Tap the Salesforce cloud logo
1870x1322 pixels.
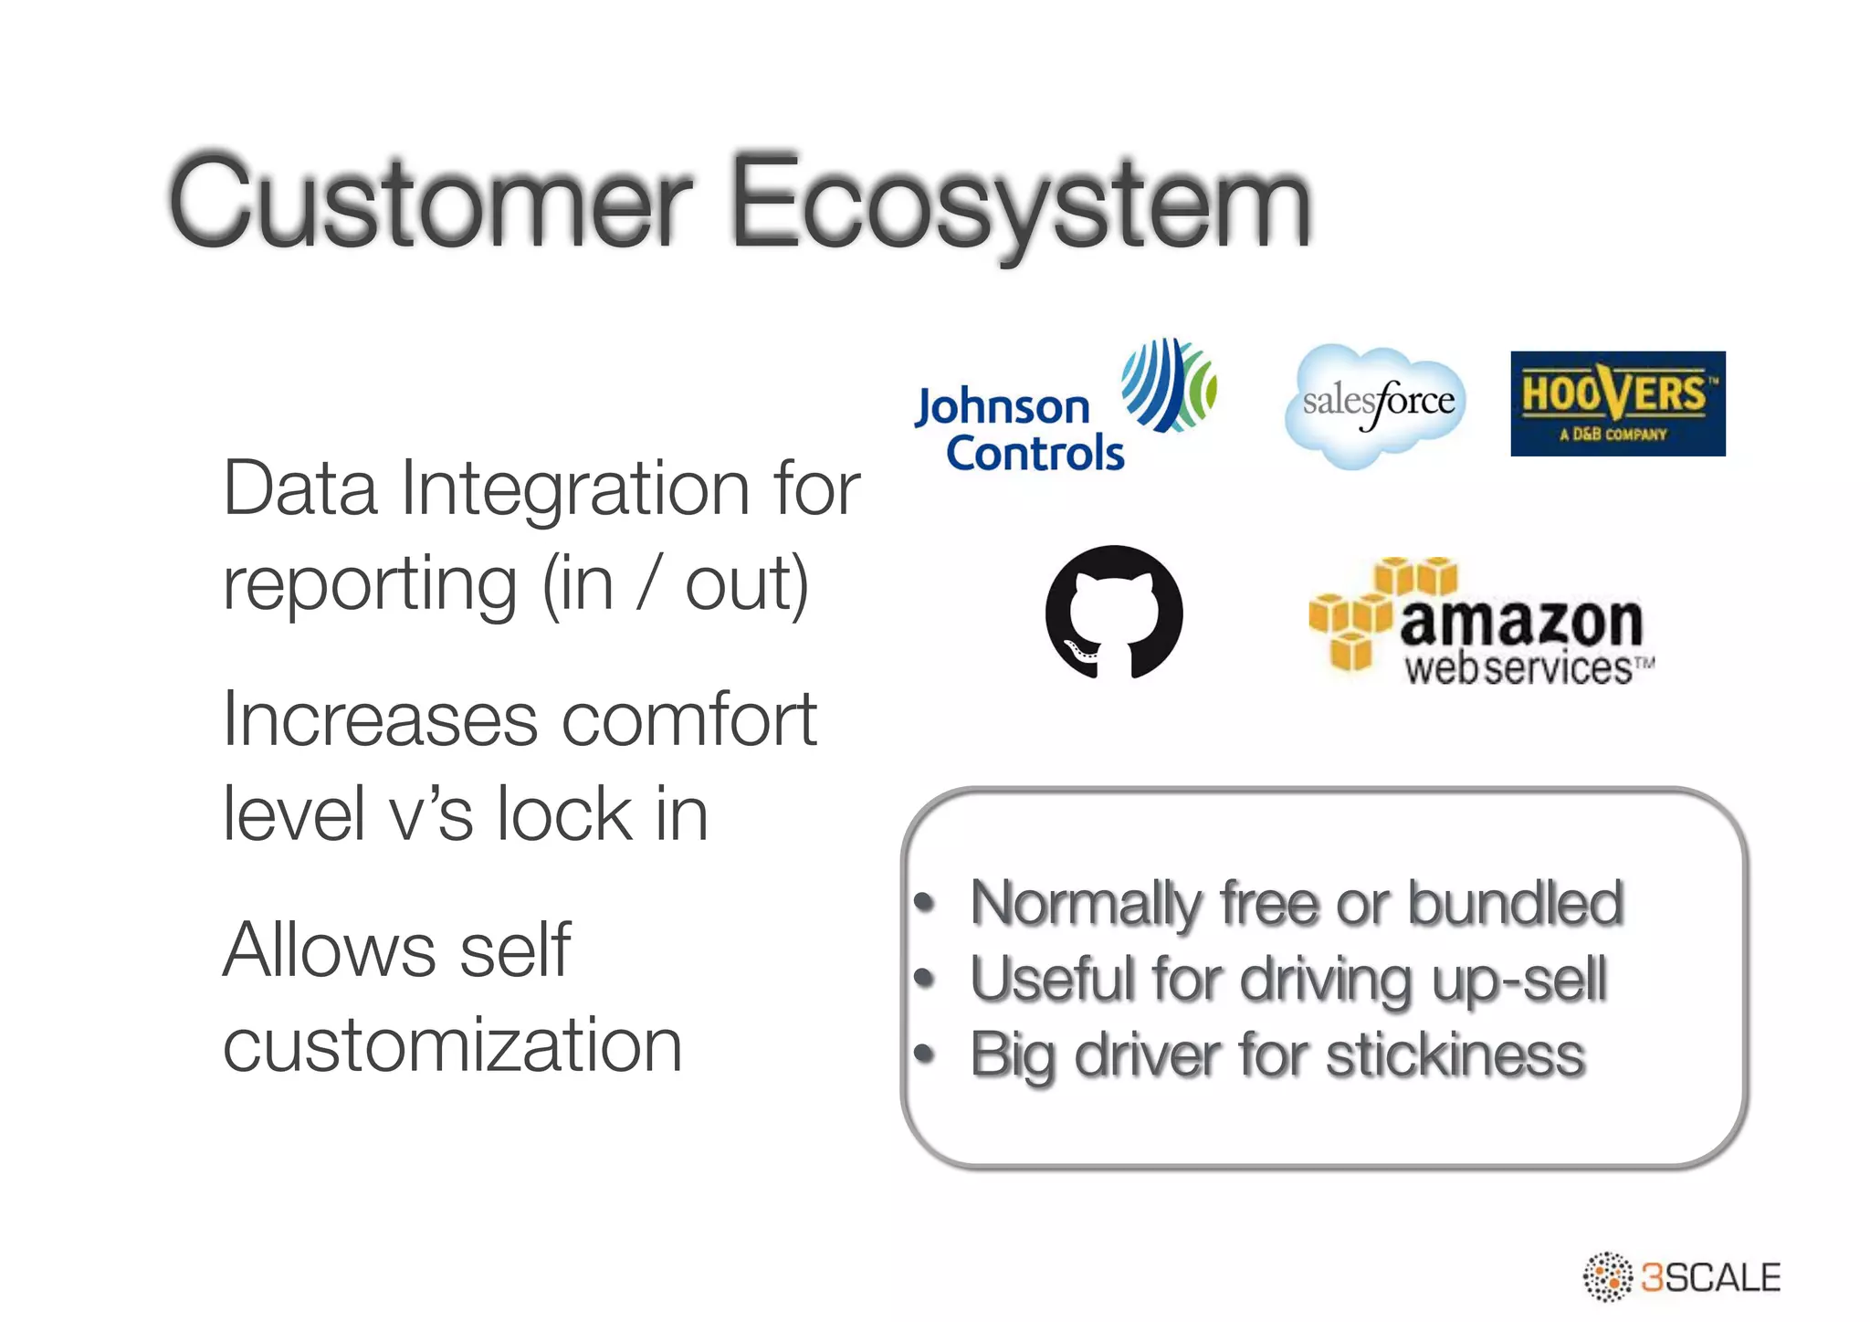point(1377,404)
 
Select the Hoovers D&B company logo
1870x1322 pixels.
point(1617,404)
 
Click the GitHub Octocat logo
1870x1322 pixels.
point(1114,612)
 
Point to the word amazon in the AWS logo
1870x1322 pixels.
point(1520,623)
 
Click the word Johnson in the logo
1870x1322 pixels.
point(1003,407)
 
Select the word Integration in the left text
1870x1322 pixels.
point(575,488)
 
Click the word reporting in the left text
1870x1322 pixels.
point(370,584)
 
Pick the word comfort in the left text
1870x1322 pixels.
point(689,719)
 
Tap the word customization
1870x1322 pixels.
point(452,1045)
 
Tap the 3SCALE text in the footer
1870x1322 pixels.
point(1710,1277)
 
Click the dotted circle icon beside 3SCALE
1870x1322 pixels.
point(1607,1276)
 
